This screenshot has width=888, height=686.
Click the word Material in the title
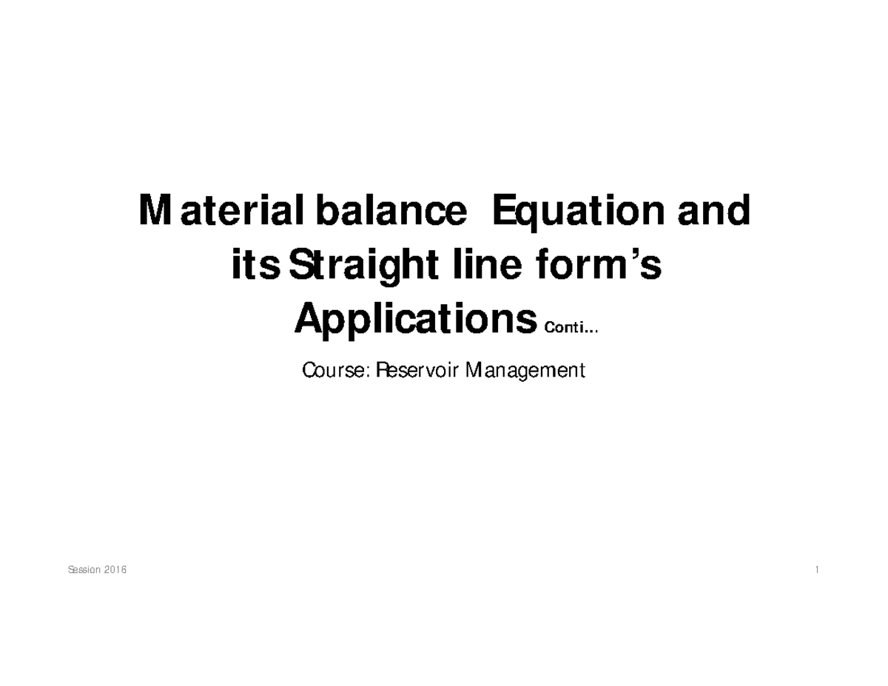[x=223, y=212]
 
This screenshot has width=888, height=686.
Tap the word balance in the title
[x=391, y=212]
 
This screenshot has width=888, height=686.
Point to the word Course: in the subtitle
[x=335, y=369]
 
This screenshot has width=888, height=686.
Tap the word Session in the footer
[x=84, y=571]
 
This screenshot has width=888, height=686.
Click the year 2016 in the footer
[x=115, y=571]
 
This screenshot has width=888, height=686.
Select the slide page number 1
[x=816, y=571]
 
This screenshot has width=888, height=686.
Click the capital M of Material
[x=153, y=212]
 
